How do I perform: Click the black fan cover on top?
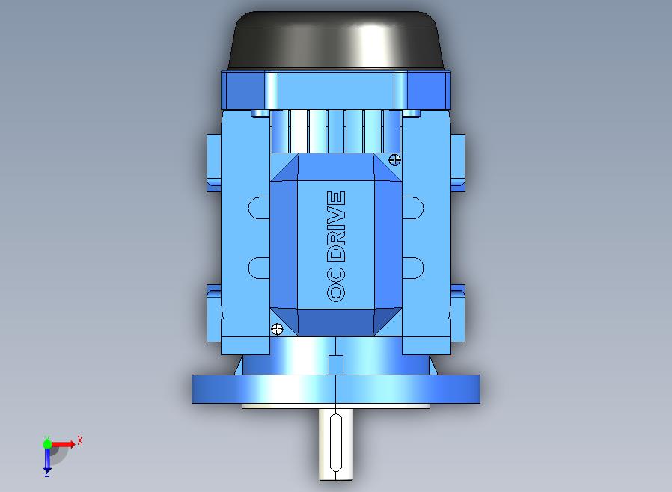337,40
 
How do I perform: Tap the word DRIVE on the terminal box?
336,226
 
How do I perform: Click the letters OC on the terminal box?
336,285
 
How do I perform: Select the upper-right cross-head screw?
394,160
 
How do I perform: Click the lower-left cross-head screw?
278,329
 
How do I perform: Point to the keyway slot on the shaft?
336,443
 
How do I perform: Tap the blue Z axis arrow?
47,459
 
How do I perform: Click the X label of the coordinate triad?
80,440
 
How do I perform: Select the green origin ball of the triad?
47,443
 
